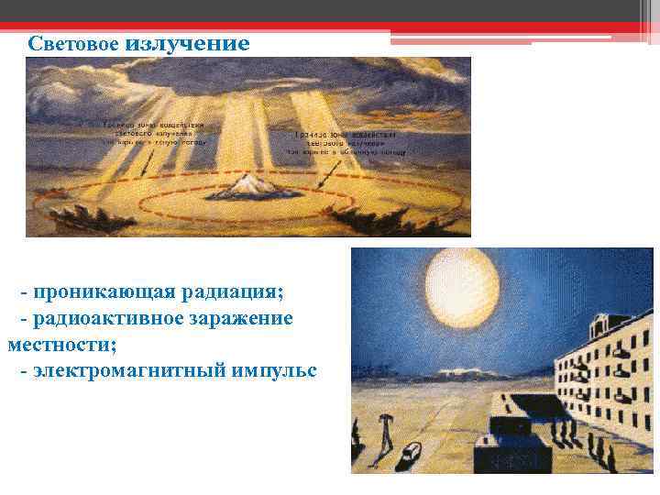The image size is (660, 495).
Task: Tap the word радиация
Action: click(233, 292)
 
